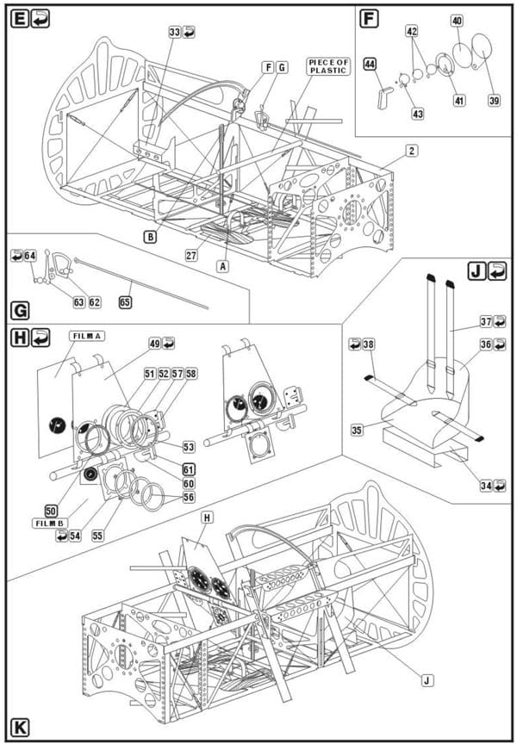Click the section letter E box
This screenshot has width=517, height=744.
[19, 20]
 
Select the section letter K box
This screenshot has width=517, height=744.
[20, 727]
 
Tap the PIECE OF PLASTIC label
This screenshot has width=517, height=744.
[328, 66]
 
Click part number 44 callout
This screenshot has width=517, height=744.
[371, 63]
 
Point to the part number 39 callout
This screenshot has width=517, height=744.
[495, 100]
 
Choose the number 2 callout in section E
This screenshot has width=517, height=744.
[412, 151]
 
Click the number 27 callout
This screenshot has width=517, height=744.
[191, 255]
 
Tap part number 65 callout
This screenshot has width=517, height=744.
[125, 302]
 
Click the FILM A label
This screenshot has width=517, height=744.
[87, 336]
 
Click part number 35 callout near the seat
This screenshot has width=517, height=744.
[358, 431]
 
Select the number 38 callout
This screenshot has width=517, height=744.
[369, 344]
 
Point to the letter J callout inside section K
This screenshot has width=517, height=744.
[427, 680]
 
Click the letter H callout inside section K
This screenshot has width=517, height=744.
[207, 518]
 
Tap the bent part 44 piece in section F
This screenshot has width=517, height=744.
[384, 98]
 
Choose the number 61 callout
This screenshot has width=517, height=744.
[189, 470]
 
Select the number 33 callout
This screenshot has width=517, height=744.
[175, 32]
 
